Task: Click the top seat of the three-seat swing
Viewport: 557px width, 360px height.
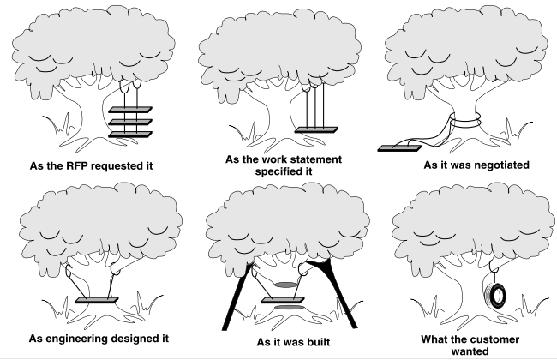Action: click(x=129, y=108)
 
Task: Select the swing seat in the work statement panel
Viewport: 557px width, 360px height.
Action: click(x=315, y=130)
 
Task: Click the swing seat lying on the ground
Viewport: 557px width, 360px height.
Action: click(x=399, y=145)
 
